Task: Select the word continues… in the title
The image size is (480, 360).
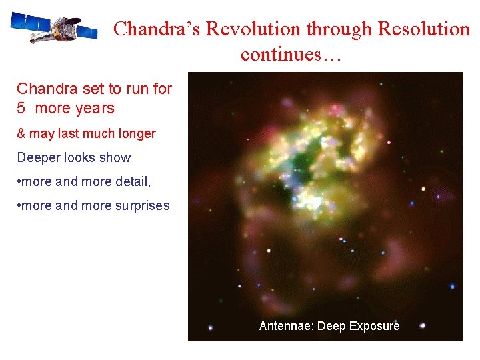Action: click(x=291, y=54)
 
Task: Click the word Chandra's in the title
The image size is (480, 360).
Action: click(x=157, y=29)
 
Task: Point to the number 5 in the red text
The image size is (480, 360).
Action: click(x=21, y=108)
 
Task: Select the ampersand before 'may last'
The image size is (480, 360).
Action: click(x=21, y=133)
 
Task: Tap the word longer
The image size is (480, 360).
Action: click(x=136, y=134)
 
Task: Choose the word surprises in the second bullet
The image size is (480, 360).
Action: click(x=141, y=206)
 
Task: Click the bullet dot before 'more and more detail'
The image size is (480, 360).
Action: click(x=19, y=181)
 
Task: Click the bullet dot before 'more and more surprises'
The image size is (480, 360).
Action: click(x=19, y=205)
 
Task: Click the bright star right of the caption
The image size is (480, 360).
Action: click(x=423, y=326)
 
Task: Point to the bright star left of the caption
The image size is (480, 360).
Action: click(x=211, y=327)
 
